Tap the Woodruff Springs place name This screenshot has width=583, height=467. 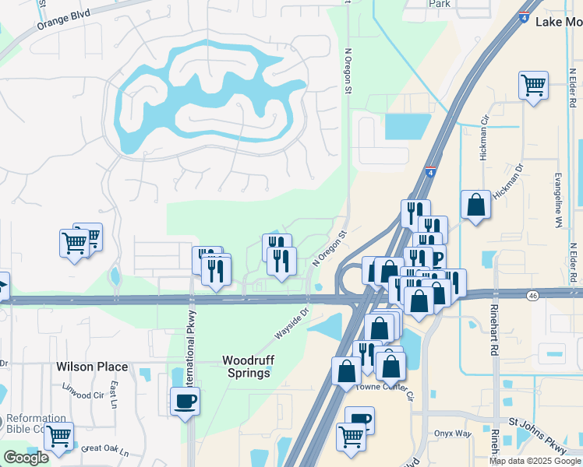click(x=246, y=367)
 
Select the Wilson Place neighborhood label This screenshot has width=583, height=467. click(x=86, y=367)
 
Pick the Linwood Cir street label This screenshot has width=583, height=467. click(x=80, y=395)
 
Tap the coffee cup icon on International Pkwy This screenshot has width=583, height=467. click(x=185, y=401)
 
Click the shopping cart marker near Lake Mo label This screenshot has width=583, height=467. click(x=533, y=85)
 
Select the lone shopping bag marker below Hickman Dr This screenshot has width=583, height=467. click(x=475, y=205)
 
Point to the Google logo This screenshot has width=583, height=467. click(x=26, y=458)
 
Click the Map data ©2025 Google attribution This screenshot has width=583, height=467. click(x=534, y=461)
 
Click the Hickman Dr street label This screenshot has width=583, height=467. click(x=531, y=176)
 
